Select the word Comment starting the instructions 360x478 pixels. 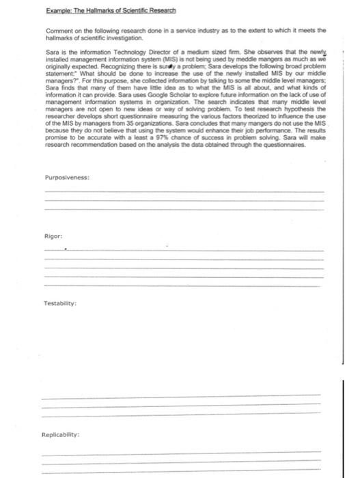click(x=60, y=30)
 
